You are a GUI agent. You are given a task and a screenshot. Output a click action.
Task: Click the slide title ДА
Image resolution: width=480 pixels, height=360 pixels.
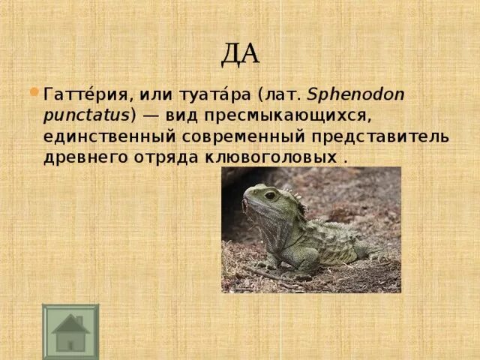pos(240,53)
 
